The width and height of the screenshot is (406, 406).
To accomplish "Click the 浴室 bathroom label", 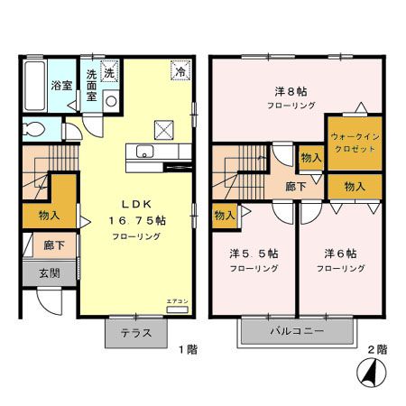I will point(60,88).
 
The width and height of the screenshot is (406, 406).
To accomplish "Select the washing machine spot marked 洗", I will point(109,71).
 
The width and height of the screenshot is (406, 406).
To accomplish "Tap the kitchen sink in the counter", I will point(144,152).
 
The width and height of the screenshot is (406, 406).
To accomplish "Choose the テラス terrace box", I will point(136,332).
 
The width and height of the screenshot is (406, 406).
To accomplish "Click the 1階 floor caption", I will point(186,348).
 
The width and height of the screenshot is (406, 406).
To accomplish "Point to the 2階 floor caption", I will point(376,348).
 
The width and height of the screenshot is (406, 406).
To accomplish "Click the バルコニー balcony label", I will point(294,332).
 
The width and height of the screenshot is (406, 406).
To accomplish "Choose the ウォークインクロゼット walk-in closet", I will point(354,141).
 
